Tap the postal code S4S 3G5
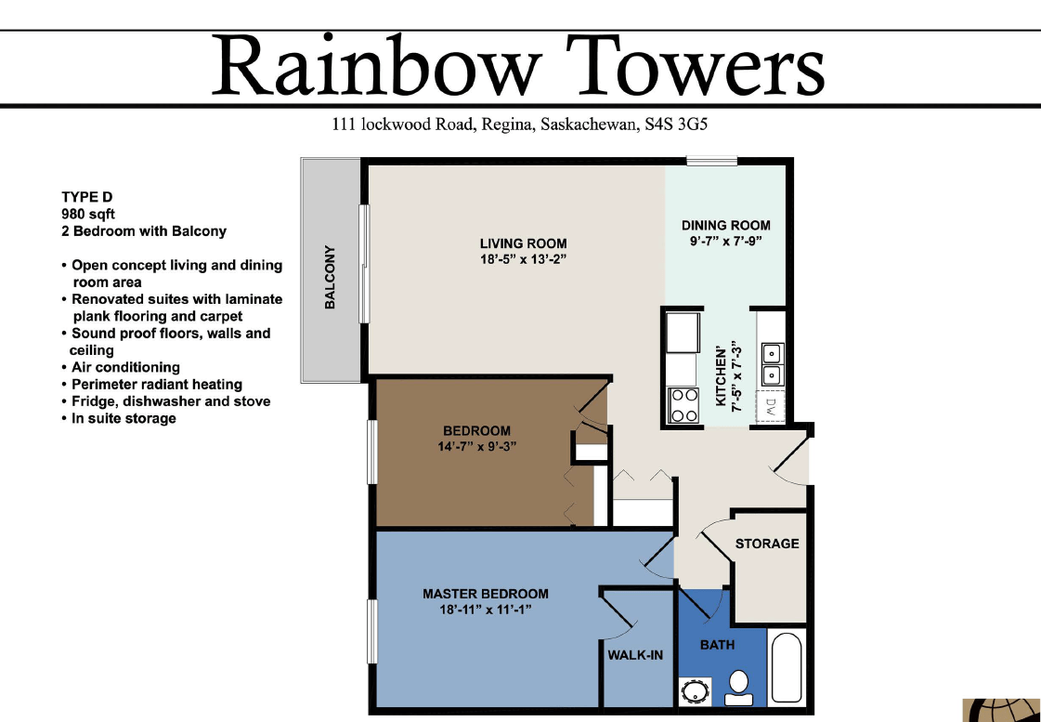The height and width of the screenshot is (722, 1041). (x=677, y=125)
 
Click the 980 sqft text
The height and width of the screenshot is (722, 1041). (x=88, y=214)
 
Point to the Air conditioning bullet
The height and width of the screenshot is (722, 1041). (x=125, y=367)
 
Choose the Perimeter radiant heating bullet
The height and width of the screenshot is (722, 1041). (x=157, y=384)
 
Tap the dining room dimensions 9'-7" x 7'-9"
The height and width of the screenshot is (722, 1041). (x=726, y=242)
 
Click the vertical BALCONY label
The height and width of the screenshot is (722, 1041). (x=330, y=277)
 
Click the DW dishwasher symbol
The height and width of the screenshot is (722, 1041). (x=770, y=406)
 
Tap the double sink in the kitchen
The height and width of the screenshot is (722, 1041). (x=771, y=363)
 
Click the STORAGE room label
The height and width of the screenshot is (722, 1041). (x=767, y=544)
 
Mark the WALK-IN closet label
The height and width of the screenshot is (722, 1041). (x=635, y=655)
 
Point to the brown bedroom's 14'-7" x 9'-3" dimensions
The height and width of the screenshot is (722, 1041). (x=477, y=446)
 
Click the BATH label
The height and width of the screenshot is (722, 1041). (x=717, y=645)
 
